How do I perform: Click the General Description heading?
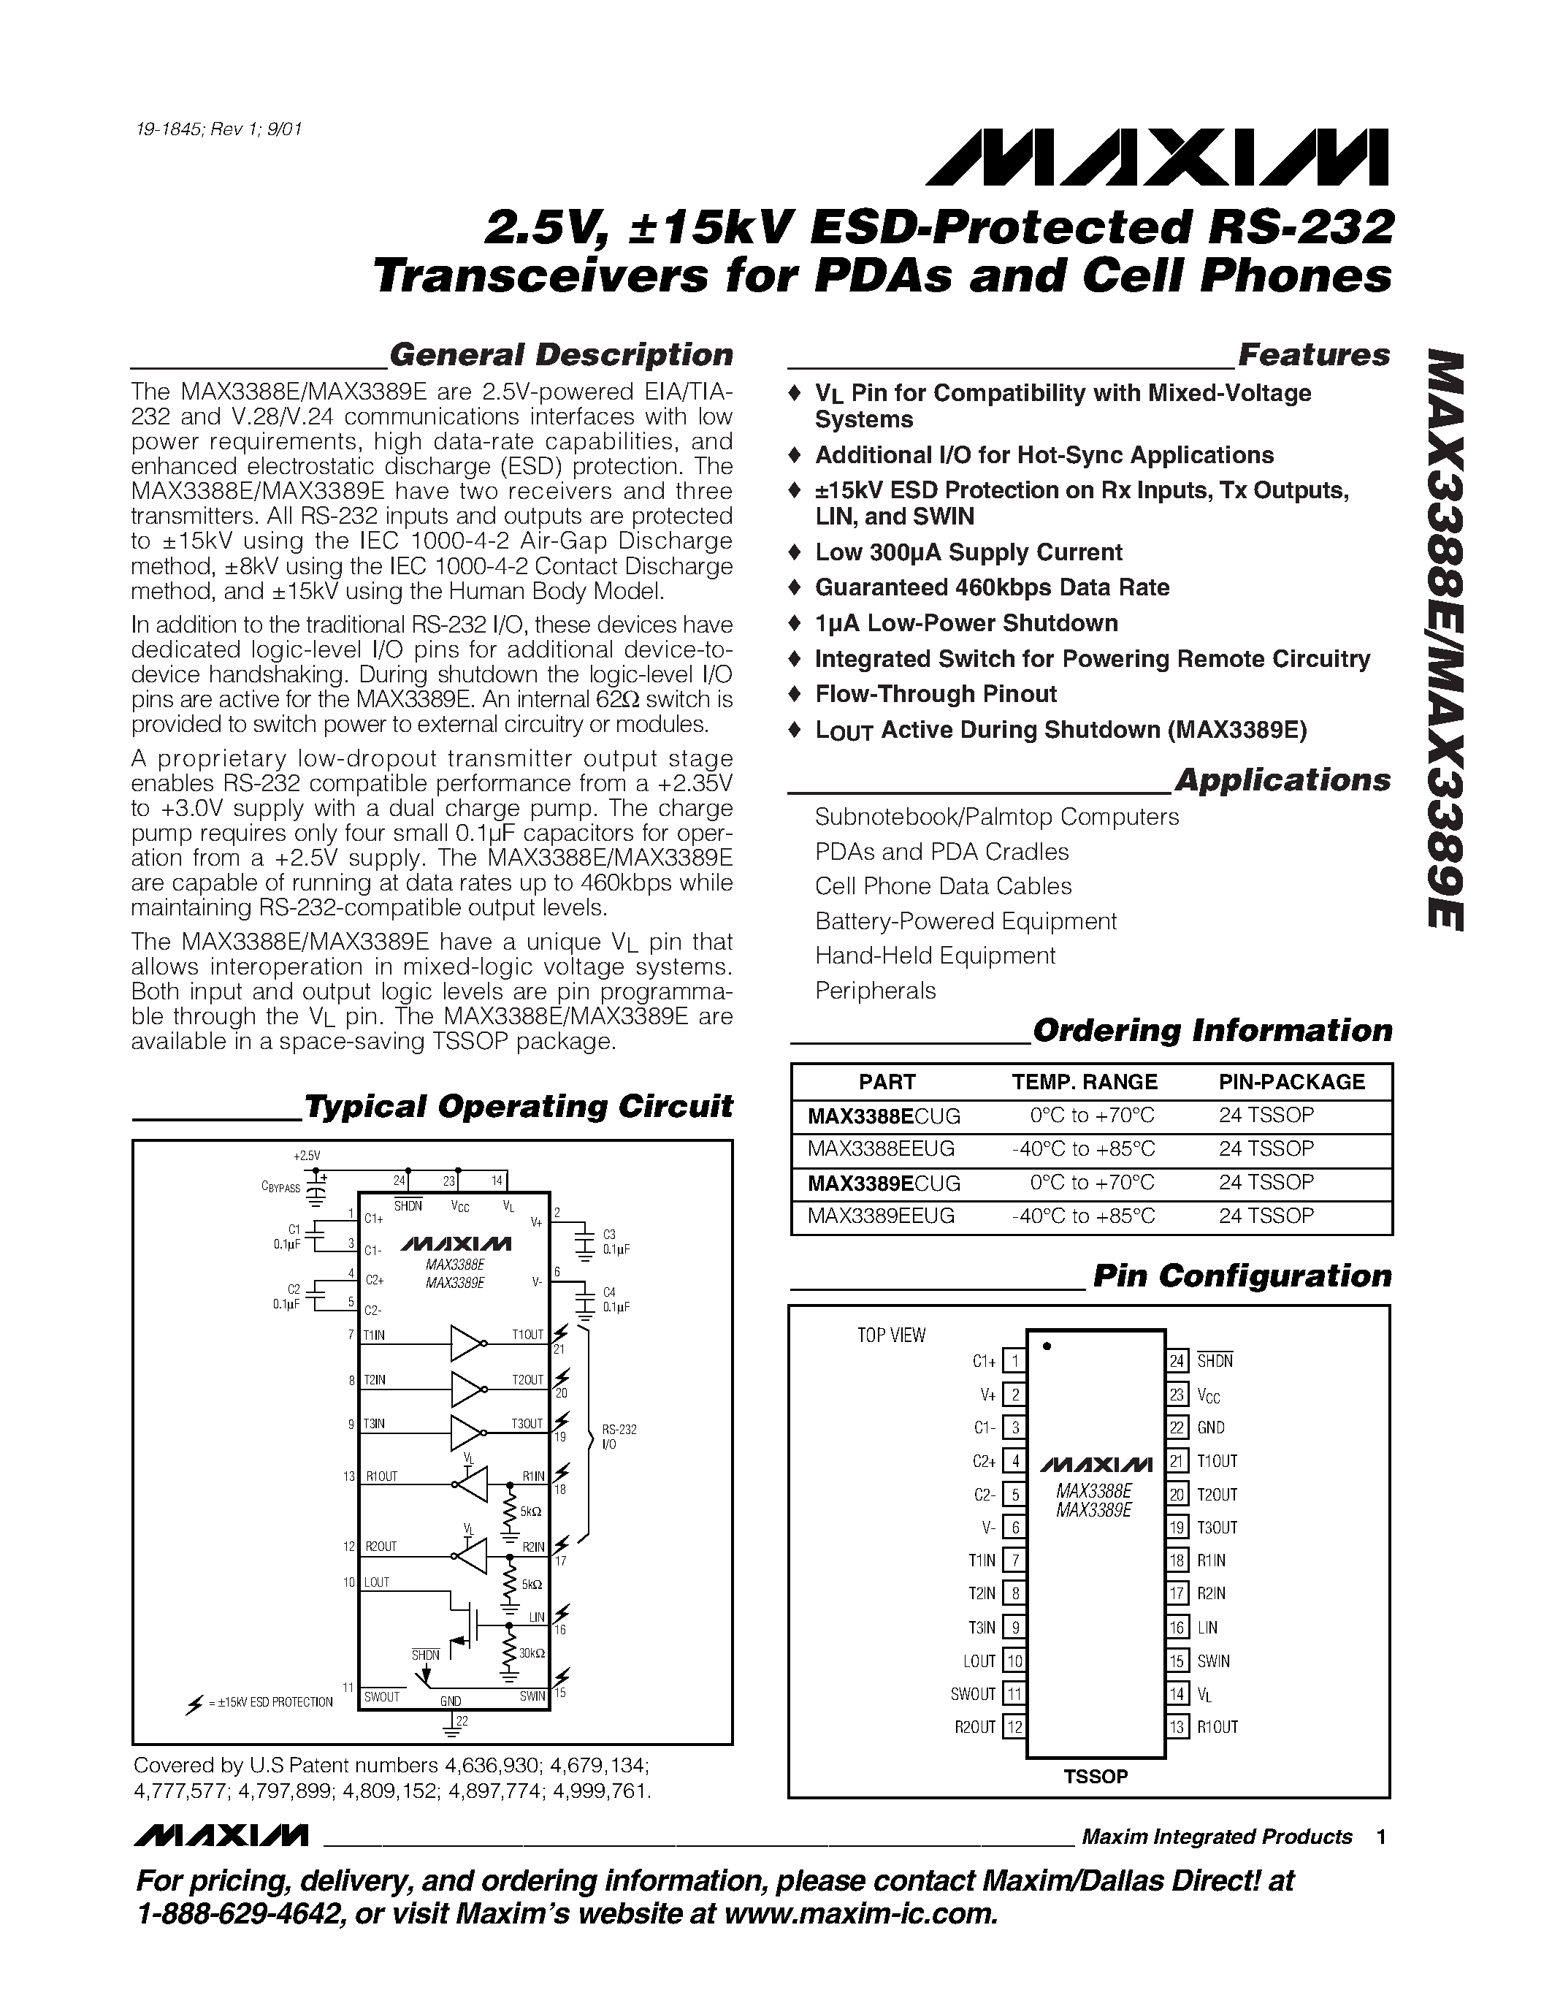tap(561, 355)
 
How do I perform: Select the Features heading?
tap(1314, 355)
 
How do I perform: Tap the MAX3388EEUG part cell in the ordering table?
tap(881, 1149)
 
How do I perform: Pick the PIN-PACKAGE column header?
tap(1292, 1082)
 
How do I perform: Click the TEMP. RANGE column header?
tap(1084, 1082)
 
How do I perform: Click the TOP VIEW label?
tap(891, 1335)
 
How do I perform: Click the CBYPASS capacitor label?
tap(280, 1188)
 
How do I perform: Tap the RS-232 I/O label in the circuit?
tap(619, 1436)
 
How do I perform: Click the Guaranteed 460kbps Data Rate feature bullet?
tap(991, 588)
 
